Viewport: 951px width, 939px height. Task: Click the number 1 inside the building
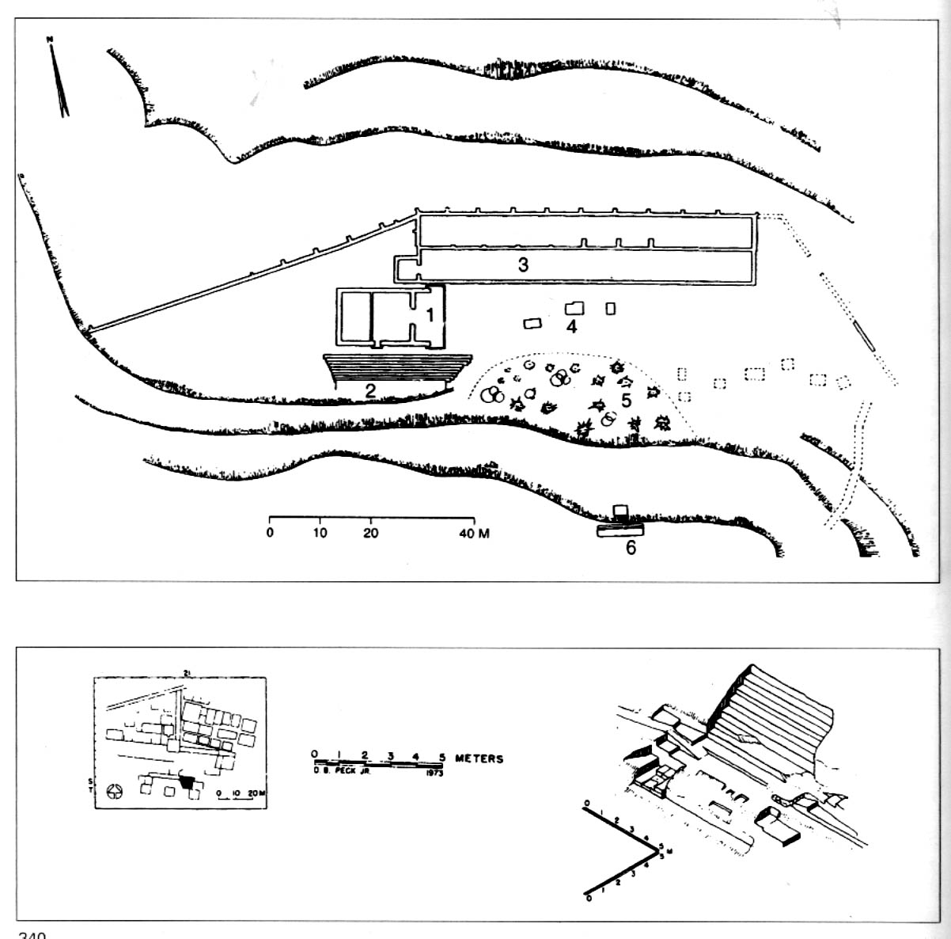[430, 315]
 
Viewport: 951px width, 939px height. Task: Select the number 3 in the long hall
[523, 264]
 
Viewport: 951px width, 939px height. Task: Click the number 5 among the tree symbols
[626, 401]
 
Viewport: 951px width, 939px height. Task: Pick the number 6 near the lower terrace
[631, 546]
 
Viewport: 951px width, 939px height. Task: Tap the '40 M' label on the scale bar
[474, 534]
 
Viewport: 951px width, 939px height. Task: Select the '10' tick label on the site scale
[320, 534]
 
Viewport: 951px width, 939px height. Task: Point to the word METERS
[479, 758]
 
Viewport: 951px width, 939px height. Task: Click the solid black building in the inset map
[187, 781]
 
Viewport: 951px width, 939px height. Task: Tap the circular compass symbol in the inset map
[116, 790]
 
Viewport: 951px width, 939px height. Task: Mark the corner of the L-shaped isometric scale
[657, 849]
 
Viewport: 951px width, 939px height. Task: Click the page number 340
[32, 934]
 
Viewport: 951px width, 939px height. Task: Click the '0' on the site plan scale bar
[270, 534]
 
